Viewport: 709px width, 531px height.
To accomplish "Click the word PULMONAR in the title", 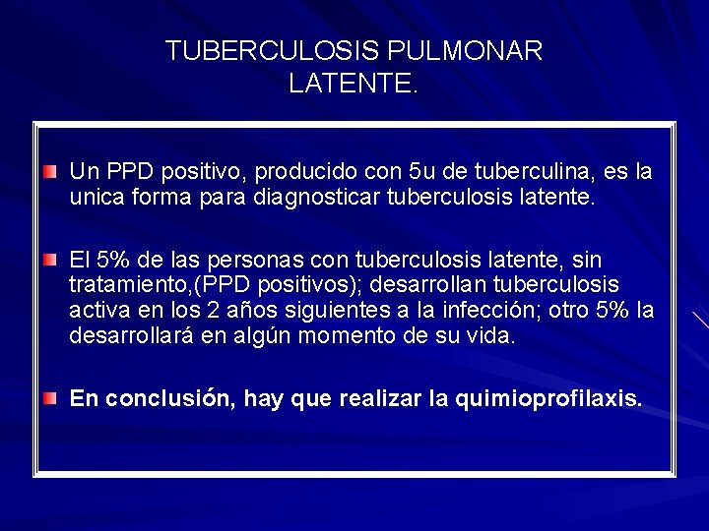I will click(x=466, y=51).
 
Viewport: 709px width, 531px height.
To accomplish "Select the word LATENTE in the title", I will click(x=351, y=85).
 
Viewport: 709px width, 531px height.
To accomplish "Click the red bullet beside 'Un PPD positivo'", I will click(x=50, y=172).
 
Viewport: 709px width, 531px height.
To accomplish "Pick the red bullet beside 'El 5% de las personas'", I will click(x=50, y=260).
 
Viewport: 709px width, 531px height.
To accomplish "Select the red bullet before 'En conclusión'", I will click(x=50, y=397).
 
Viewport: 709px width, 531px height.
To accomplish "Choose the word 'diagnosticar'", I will click(x=310, y=198).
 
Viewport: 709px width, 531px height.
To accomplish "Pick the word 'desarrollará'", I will click(x=129, y=336).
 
